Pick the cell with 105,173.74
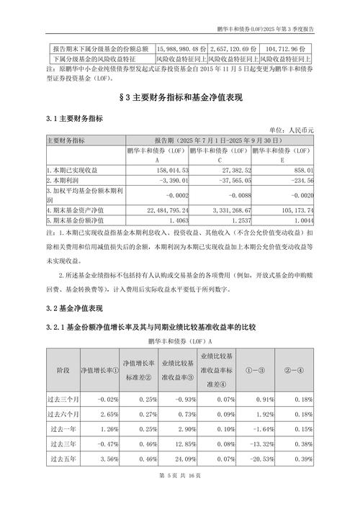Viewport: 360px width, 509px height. click(x=296, y=210)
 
